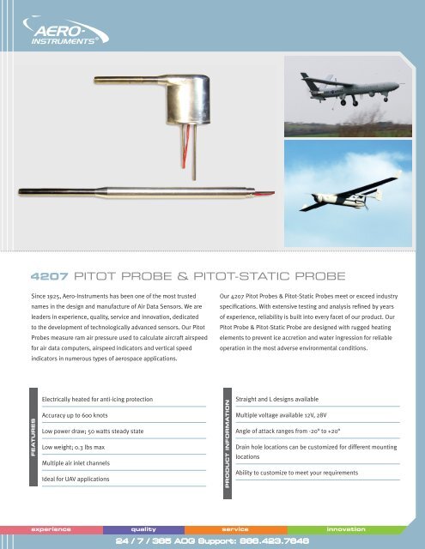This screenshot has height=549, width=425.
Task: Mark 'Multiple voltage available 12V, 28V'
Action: tap(288, 415)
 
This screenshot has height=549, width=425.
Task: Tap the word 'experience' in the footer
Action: tap(52, 529)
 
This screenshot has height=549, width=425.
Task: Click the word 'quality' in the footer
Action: tap(143, 529)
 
